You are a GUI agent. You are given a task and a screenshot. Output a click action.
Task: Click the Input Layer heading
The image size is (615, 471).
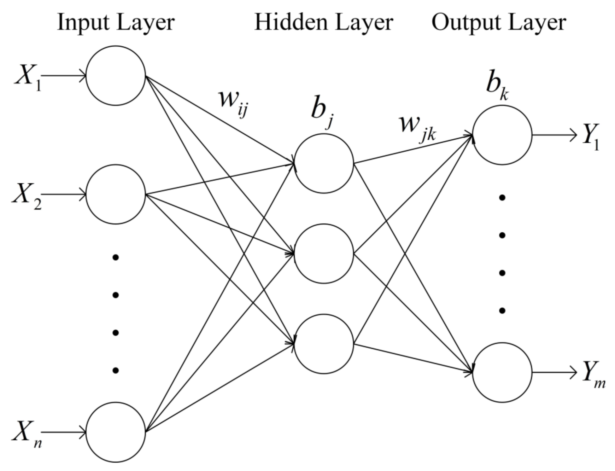click(115, 23)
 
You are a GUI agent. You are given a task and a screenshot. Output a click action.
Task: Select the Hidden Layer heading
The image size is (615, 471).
click(324, 23)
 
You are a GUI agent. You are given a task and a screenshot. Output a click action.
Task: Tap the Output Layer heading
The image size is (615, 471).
click(499, 23)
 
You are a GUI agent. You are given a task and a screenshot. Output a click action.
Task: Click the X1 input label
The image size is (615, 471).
click(28, 77)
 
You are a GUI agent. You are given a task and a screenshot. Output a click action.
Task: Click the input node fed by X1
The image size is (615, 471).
click(115, 75)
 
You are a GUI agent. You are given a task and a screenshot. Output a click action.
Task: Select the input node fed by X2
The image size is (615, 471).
click(115, 194)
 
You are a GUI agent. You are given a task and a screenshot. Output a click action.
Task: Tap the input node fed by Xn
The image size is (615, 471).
click(115, 432)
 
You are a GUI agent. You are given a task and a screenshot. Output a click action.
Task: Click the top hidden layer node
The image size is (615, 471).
click(324, 163)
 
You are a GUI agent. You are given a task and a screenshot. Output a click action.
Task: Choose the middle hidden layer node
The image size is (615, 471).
click(324, 253)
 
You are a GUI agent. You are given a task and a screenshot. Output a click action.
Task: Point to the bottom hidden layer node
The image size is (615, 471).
click(324, 344)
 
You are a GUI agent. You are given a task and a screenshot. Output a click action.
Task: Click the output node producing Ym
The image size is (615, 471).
click(502, 372)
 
